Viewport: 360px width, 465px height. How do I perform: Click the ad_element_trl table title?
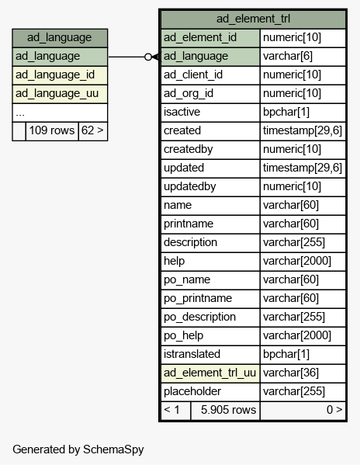[254, 19]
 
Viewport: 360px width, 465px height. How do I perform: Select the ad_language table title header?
[60, 38]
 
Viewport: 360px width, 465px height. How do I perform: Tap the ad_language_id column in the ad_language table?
[60, 75]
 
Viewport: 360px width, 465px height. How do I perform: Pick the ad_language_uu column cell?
[60, 94]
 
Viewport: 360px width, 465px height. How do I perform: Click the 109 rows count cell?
[52, 130]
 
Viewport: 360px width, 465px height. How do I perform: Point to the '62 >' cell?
[93, 130]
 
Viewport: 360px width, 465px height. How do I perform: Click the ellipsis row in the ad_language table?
[60, 113]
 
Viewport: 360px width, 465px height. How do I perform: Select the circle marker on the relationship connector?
[148, 57]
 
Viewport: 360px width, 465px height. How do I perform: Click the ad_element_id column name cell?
[210, 38]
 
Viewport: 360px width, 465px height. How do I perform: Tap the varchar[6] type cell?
[303, 57]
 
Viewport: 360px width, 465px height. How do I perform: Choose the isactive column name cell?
[210, 113]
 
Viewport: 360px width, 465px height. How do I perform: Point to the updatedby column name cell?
[210, 187]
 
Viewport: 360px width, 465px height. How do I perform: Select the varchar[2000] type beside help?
[303, 262]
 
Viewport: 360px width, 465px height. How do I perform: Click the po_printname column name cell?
[210, 299]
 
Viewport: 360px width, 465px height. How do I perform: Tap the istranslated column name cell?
[210, 355]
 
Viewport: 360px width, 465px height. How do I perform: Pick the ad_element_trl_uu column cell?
[210, 373]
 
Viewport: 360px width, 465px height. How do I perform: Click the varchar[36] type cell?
[303, 373]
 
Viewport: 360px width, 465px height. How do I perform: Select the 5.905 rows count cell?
[226, 411]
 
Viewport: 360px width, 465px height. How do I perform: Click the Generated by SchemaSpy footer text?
[78, 450]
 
